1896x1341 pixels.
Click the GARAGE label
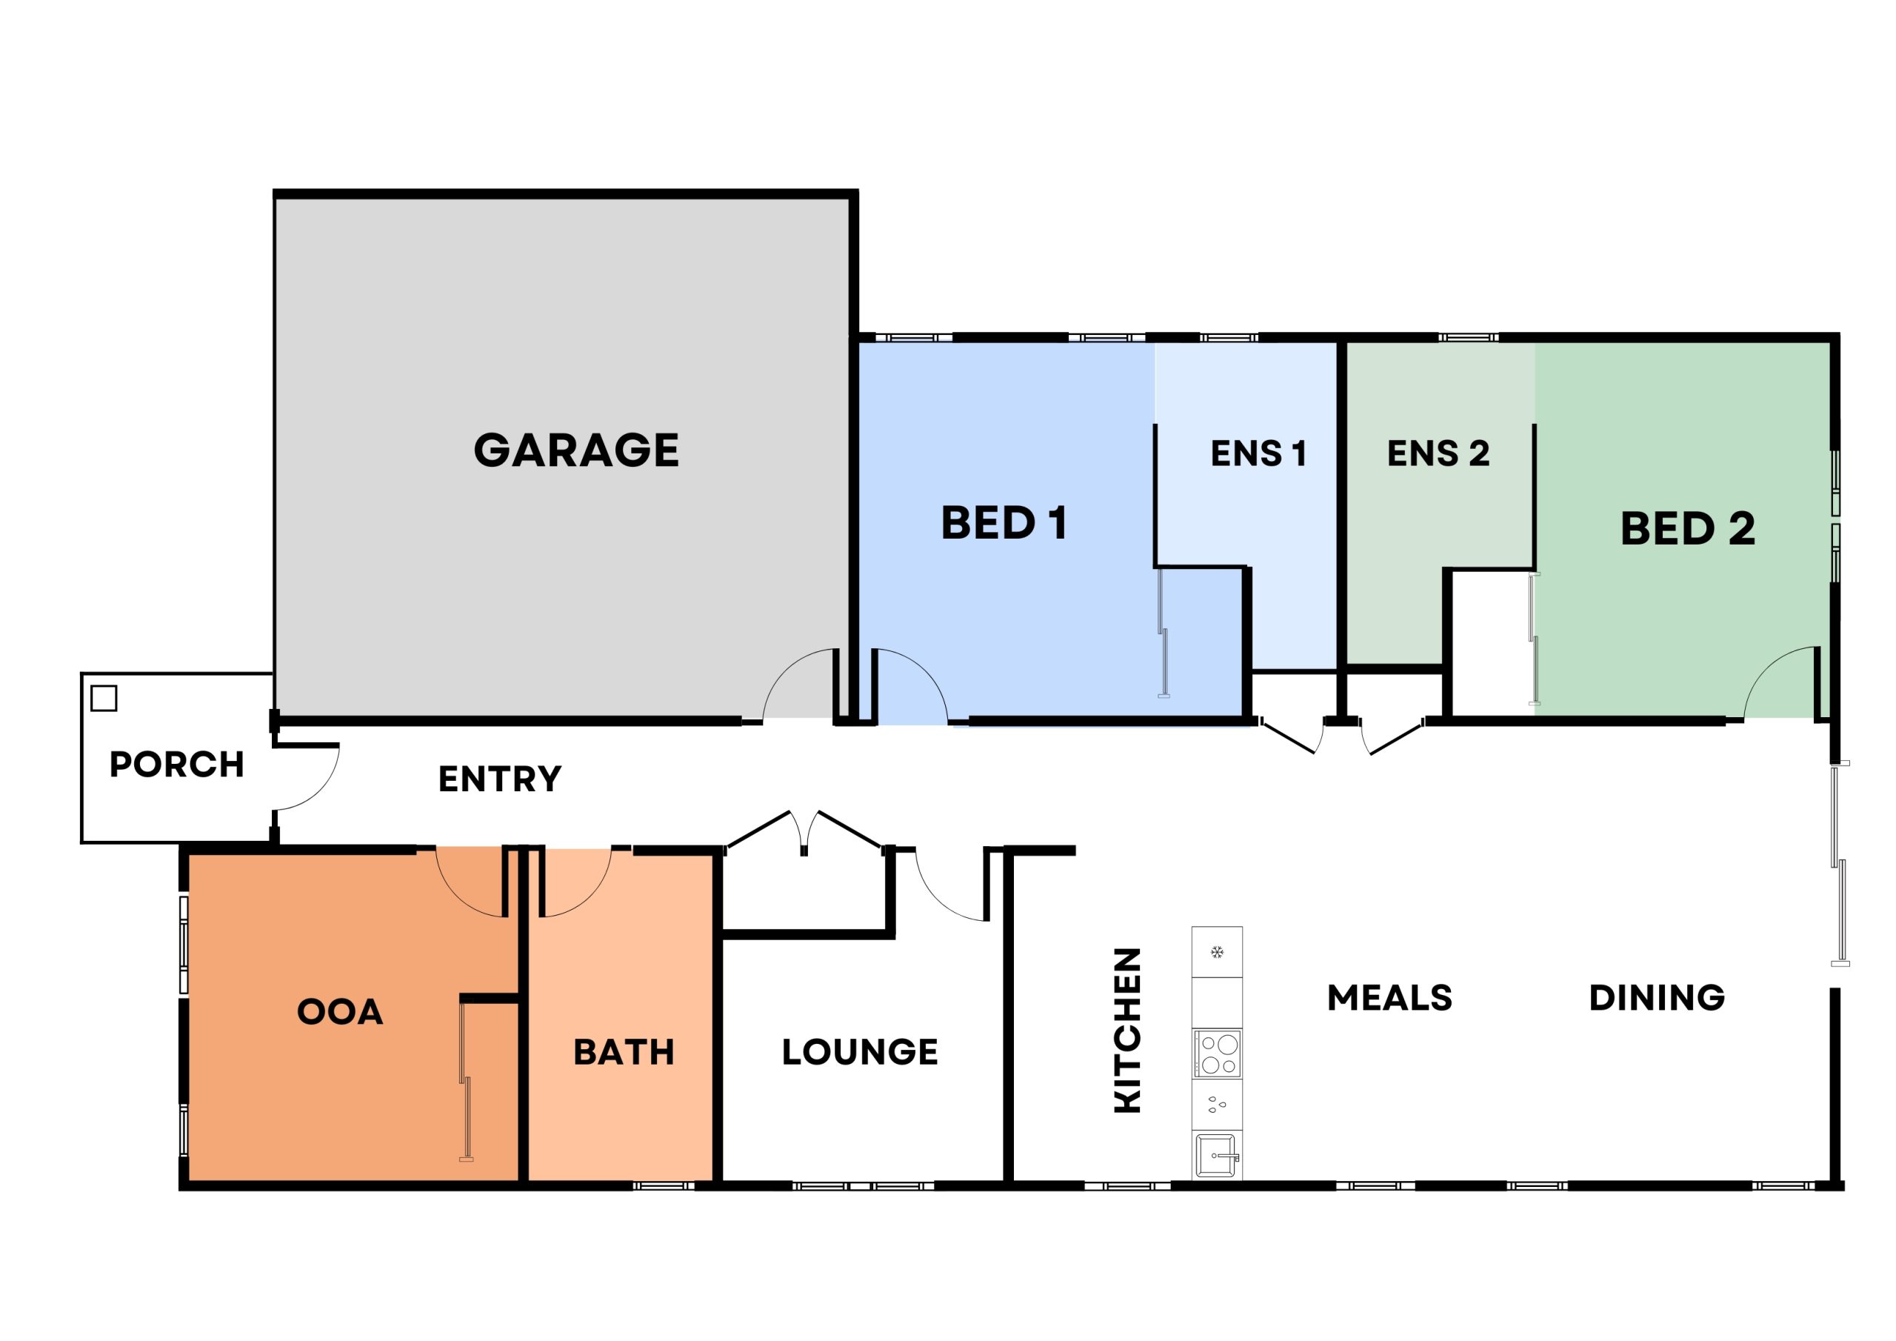(x=575, y=450)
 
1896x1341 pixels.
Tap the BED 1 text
(x=1004, y=523)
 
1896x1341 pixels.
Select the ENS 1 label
(x=1258, y=453)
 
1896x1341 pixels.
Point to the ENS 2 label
(x=1438, y=453)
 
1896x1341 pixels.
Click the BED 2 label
(x=1687, y=529)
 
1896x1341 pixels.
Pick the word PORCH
(x=177, y=765)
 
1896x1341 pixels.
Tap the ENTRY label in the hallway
(x=500, y=779)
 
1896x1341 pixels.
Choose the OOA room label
(x=339, y=1012)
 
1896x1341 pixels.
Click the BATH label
(x=624, y=1053)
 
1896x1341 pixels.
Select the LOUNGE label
(x=860, y=1052)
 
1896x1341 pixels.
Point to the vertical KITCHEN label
(x=1127, y=1030)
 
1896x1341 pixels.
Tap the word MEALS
(x=1390, y=998)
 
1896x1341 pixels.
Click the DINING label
(x=1657, y=997)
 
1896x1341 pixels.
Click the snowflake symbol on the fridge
(x=1216, y=953)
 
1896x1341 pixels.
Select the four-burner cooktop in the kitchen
(x=1217, y=1054)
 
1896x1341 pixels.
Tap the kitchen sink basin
(x=1215, y=1155)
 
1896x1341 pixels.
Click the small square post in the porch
(x=104, y=698)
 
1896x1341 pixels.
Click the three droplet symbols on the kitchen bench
(x=1216, y=1104)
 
